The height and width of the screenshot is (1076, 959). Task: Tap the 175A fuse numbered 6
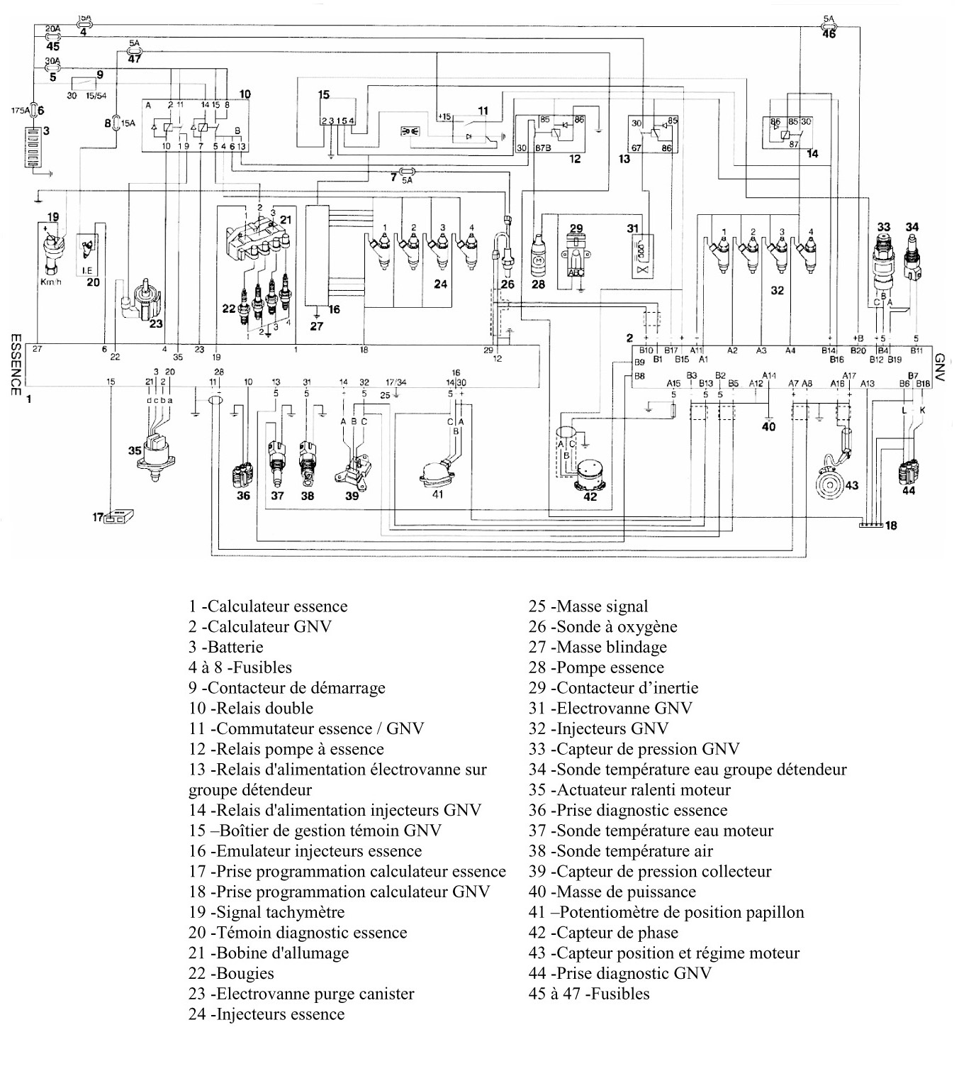(33, 110)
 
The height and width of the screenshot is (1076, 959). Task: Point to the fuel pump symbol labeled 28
(539, 251)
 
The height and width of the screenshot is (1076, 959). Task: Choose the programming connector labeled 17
(120, 517)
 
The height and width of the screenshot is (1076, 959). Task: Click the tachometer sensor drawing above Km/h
(53, 248)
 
